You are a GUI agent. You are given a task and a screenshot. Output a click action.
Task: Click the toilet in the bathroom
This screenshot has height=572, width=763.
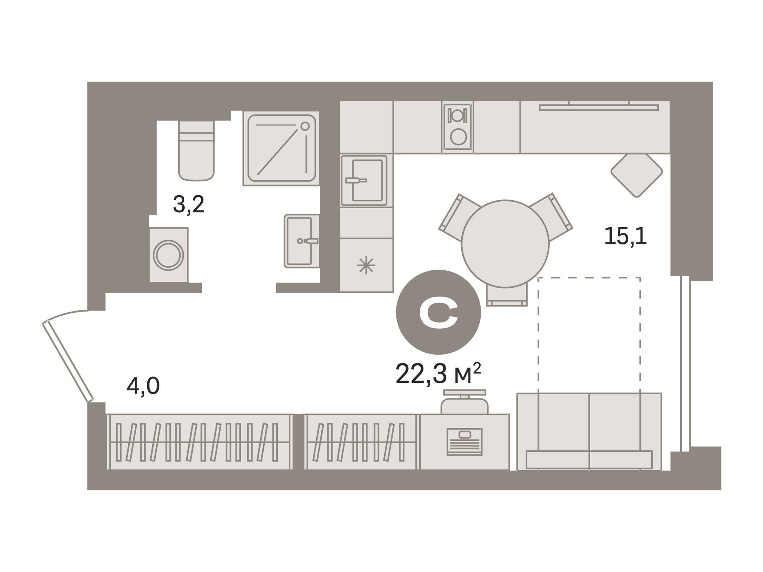[196, 151]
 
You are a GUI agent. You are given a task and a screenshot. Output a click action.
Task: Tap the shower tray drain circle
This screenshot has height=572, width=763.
[305, 126]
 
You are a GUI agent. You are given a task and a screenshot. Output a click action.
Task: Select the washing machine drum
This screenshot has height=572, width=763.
[168, 255]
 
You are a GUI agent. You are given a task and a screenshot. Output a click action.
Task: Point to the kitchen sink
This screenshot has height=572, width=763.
[364, 180]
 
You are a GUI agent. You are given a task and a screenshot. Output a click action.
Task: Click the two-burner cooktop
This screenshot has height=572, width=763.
[458, 127]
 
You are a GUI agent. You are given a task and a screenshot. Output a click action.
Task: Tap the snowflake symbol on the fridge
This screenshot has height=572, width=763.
[366, 265]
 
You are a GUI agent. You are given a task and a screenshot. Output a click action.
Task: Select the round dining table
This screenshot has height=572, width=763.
[505, 244]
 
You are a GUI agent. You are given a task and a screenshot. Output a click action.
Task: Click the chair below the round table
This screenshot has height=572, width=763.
[507, 295]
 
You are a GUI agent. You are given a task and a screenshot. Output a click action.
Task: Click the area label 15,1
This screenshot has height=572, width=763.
[626, 237]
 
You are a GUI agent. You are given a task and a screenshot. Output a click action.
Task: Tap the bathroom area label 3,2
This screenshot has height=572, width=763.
[189, 205]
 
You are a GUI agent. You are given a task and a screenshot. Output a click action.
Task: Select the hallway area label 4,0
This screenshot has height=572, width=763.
[143, 386]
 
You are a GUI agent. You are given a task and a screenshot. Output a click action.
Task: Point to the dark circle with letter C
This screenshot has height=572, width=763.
[438, 312]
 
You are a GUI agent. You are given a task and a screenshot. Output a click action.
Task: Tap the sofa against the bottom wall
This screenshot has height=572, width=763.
[589, 432]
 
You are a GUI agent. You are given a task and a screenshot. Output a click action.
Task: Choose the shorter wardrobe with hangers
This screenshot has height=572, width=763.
[361, 442]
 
